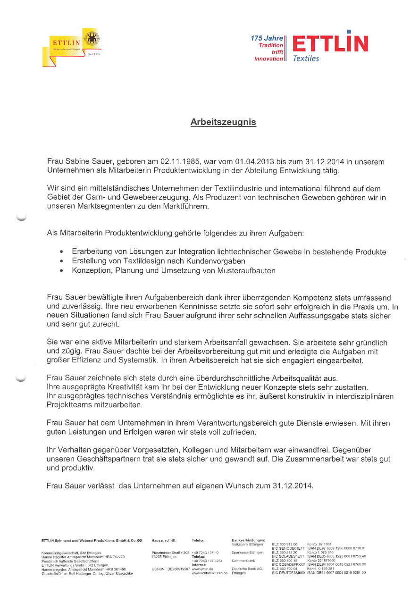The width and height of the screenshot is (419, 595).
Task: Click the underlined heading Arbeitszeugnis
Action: click(x=223, y=122)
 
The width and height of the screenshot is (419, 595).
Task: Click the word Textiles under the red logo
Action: click(x=306, y=59)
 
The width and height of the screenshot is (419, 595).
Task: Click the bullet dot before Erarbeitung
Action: click(x=62, y=252)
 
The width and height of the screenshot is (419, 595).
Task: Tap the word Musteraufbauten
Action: click(x=246, y=271)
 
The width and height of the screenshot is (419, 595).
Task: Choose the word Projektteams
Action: click(x=70, y=405)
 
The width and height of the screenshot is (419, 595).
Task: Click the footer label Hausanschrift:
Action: click(x=164, y=540)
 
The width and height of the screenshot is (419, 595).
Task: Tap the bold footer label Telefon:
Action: click(x=199, y=540)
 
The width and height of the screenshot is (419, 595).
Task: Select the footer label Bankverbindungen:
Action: click(x=248, y=540)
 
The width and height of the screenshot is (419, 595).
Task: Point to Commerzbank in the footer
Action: click(x=243, y=561)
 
